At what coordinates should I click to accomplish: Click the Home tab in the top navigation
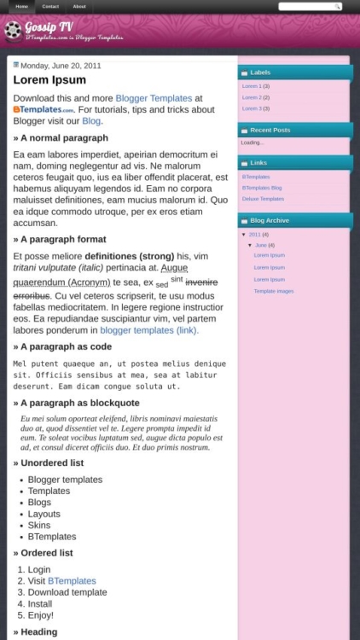(x=21, y=6)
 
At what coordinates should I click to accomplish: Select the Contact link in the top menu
(x=50, y=6)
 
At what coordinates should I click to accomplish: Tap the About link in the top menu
(x=79, y=6)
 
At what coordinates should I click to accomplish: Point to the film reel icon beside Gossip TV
(x=12, y=31)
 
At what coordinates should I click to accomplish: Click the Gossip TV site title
(x=49, y=26)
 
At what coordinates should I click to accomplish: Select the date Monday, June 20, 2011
(x=61, y=65)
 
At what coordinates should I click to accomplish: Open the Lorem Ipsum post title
(x=49, y=80)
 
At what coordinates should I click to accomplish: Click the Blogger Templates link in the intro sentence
(x=154, y=98)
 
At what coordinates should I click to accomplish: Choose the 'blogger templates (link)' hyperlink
(x=149, y=329)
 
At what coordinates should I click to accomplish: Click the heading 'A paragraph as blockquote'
(x=79, y=403)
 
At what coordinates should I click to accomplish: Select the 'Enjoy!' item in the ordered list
(x=40, y=614)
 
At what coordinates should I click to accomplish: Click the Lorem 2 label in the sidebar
(x=252, y=97)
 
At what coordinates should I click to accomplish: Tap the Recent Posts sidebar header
(x=270, y=130)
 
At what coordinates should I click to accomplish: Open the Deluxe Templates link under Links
(x=263, y=198)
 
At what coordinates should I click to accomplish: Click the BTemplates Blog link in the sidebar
(x=261, y=187)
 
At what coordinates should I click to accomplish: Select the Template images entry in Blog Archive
(x=273, y=291)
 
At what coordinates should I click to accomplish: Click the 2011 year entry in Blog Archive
(x=254, y=234)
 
